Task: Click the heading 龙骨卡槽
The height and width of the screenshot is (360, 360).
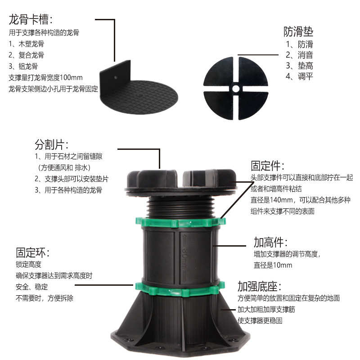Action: pos(31,19)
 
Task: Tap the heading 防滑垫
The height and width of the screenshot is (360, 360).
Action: pos(298,31)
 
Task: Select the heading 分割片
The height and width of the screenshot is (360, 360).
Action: pos(51,144)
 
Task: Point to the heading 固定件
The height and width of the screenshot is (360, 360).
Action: pos(267,166)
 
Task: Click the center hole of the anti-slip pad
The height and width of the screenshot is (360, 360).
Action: pos(235,89)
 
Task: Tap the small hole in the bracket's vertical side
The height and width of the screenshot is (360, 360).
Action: pos(115,77)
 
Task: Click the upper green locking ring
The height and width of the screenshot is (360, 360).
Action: pos(180,222)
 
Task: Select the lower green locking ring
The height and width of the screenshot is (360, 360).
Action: pos(180,288)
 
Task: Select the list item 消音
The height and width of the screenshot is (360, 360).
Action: pos(299,55)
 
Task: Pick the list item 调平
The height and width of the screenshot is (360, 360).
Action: pos(299,76)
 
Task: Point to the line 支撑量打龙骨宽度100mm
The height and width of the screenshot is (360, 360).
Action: pos(45,77)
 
